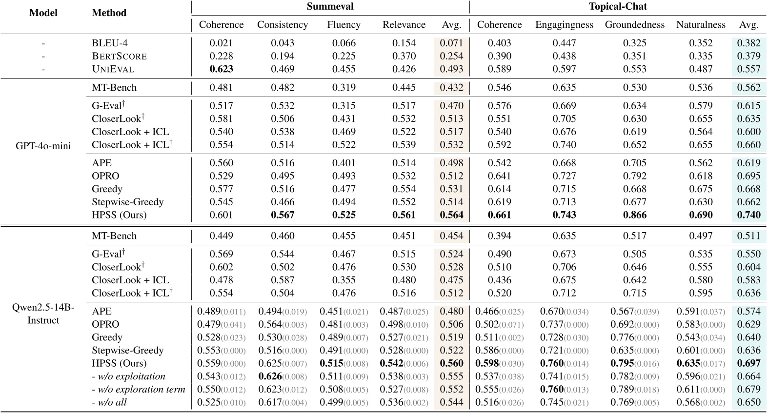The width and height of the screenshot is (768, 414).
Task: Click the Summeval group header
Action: [330, 7]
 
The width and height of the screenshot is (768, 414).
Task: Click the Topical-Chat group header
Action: [618, 7]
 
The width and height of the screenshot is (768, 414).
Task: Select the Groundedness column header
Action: [634, 24]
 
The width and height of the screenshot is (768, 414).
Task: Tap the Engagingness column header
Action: [564, 24]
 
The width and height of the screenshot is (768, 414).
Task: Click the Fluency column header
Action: [344, 24]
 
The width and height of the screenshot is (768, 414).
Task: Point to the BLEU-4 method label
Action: [110, 43]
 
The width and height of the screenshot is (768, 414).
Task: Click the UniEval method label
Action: [113, 69]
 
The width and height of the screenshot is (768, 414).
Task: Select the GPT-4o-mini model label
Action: [43, 146]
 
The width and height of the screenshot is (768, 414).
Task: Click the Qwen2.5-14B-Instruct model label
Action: [43, 314]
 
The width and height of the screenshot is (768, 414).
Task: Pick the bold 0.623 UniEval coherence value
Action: [221, 69]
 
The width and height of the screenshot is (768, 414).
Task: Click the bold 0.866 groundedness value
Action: [634, 215]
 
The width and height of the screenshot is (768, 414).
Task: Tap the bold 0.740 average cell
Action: [748, 215]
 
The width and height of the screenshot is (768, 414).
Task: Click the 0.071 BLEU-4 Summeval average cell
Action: [451, 43]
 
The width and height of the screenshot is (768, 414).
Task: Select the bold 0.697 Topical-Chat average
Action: [748, 363]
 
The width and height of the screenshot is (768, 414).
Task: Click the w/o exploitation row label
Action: [128, 376]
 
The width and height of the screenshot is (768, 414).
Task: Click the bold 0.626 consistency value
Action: [270, 376]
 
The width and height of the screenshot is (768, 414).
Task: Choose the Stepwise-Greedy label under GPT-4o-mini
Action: [127, 202]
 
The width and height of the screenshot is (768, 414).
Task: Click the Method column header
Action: [109, 13]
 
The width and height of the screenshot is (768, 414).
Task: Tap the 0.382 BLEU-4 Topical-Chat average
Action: [748, 43]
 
